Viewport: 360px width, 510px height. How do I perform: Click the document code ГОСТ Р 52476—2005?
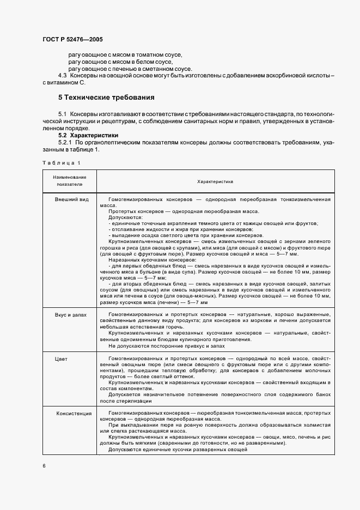[72, 40]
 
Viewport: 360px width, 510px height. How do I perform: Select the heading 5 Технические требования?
[106, 98]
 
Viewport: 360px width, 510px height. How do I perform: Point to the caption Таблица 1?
[61, 163]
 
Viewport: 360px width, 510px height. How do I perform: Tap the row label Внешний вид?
[71, 200]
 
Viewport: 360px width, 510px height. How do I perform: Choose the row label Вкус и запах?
[70, 315]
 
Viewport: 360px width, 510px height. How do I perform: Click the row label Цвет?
[61, 360]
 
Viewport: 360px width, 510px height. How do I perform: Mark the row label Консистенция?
[74, 414]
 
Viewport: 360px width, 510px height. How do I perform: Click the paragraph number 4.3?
[63, 76]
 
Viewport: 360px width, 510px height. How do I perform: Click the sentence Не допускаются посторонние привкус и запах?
[165, 346]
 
